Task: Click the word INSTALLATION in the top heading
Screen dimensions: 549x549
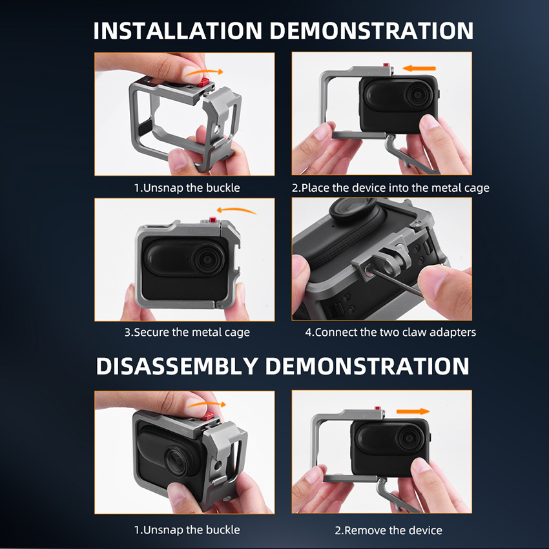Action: tap(178, 31)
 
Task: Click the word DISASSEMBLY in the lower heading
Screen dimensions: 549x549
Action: tap(177, 366)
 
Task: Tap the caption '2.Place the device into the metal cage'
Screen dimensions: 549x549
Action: tap(390, 188)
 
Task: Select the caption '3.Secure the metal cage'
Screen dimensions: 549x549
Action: tap(187, 332)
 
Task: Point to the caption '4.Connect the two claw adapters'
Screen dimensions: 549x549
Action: tap(390, 332)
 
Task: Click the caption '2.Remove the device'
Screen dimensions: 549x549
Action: tap(388, 530)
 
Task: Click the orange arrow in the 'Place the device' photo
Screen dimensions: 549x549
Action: tap(419, 68)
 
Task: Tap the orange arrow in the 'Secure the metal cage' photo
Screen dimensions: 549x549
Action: tap(236, 211)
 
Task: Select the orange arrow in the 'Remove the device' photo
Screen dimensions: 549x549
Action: tap(413, 411)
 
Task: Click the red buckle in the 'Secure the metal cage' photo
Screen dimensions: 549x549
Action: tap(212, 220)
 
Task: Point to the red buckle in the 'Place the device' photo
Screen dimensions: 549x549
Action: tap(386, 65)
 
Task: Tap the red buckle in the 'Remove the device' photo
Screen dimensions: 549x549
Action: tap(377, 408)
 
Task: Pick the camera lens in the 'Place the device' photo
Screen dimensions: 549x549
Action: tap(417, 94)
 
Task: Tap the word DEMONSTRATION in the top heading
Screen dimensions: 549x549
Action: tap(371, 31)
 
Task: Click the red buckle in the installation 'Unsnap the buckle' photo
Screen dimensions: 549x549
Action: tap(203, 83)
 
